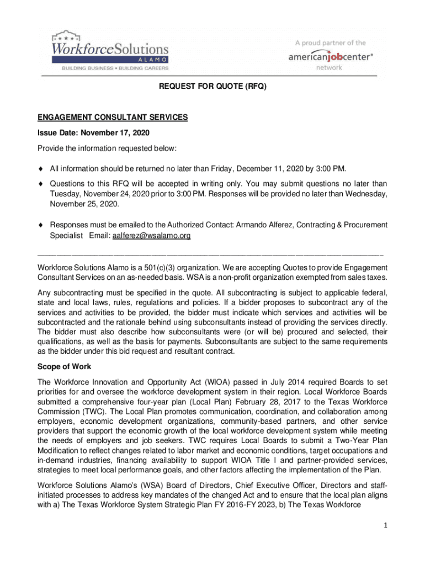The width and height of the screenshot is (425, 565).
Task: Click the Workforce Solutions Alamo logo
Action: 110,50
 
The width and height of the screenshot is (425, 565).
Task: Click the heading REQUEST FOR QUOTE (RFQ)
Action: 212,87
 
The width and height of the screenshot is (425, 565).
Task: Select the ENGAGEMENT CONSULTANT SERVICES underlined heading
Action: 113,118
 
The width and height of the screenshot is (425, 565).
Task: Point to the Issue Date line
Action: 94,133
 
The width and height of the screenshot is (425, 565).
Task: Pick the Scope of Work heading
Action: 64,366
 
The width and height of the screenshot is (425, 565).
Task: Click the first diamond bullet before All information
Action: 40,168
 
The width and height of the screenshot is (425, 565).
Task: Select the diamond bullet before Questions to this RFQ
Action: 40,184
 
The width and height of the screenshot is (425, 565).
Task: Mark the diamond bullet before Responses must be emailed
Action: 40,225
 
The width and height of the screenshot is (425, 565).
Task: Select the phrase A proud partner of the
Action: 330,42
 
